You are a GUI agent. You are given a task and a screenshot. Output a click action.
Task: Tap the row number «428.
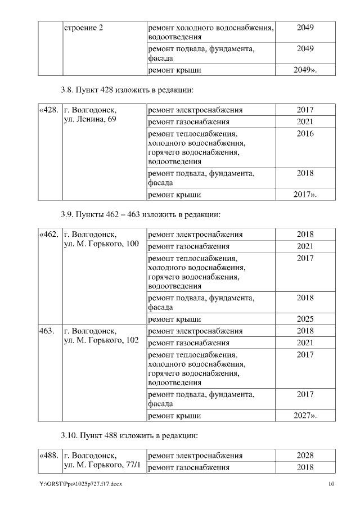[x=49, y=110]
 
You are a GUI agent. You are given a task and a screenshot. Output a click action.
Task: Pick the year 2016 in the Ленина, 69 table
[x=305, y=134]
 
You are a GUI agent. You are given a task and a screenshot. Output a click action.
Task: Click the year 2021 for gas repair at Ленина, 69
[x=305, y=121]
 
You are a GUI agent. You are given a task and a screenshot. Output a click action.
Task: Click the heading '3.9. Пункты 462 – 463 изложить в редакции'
[x=140, y=214]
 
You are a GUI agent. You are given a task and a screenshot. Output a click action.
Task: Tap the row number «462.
[x=49, y=234]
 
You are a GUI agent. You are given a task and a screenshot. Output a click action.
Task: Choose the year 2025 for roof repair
[x=305, y=319]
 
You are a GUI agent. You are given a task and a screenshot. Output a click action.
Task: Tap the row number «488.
[x=49, y=455]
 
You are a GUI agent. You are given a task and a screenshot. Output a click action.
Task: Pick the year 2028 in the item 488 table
[x=305, y=455]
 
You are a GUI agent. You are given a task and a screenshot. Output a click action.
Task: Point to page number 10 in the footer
[x=331, y=484]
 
